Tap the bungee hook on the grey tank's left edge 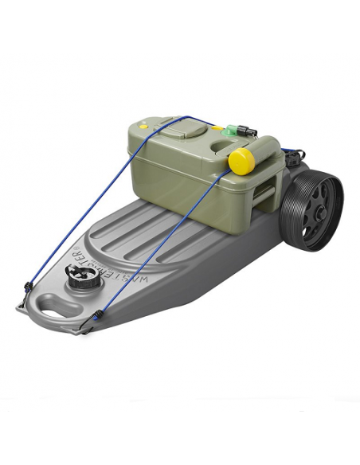[27, 287]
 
